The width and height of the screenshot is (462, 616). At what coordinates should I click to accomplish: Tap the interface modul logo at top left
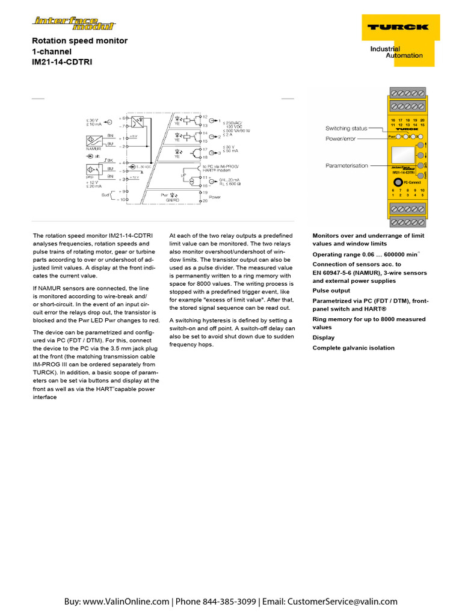[75, 23]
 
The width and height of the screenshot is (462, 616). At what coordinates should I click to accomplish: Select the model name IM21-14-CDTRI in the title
[63, 62]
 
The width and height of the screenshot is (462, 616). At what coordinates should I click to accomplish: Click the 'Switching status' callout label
[346, 128]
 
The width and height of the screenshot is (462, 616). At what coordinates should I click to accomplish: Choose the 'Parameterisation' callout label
[346, 165]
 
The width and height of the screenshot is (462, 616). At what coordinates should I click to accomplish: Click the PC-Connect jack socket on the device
[398, 182]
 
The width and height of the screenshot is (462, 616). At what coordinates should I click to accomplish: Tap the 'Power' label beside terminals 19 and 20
[214, 197]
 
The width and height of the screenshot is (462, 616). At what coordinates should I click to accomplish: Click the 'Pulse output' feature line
[331, 290]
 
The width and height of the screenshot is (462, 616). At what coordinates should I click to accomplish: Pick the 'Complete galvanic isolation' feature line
[353, 348]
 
